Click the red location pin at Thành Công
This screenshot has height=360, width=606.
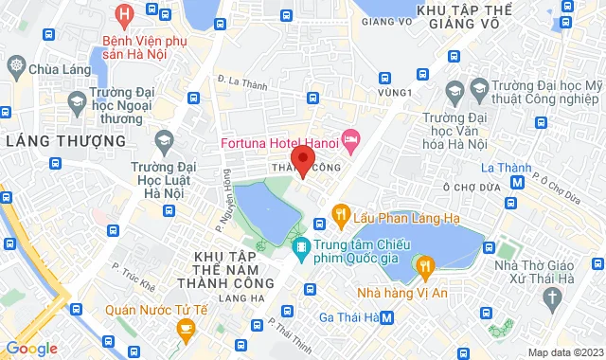(302, 159)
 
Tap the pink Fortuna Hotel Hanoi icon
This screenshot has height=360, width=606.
(351, 140)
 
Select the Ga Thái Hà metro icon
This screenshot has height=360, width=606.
(386, 316)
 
